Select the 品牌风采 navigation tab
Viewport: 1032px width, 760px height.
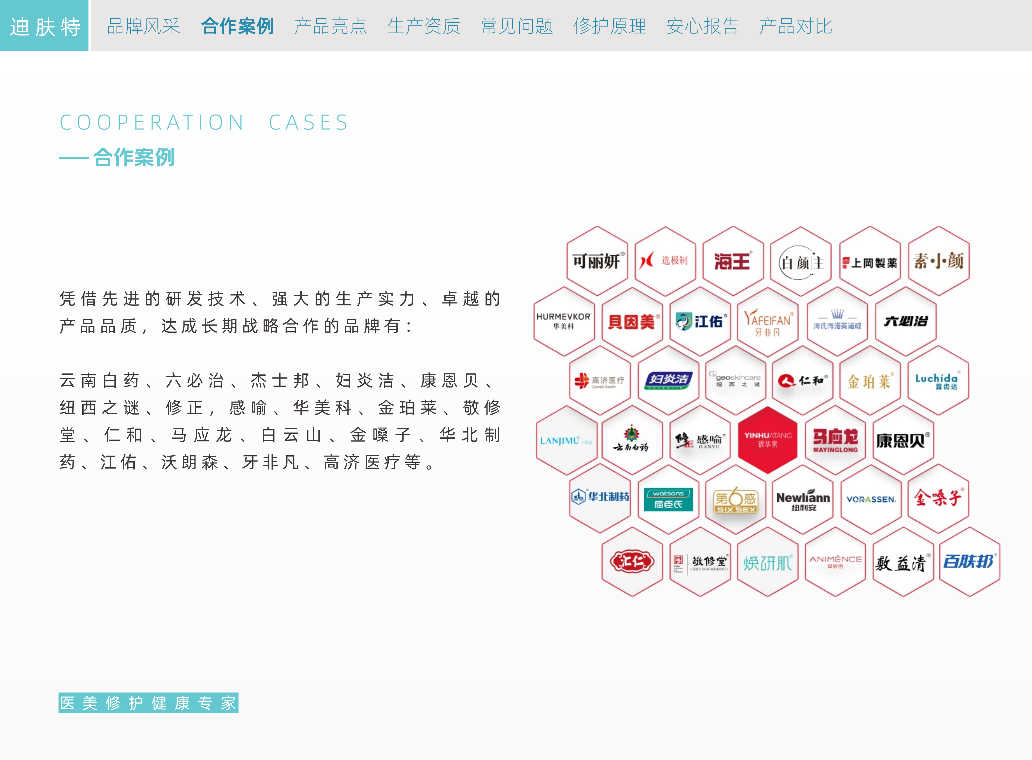(143, 26)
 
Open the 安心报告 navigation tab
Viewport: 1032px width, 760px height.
(702, 26)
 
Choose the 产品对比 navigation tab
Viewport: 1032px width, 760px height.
(795, 26)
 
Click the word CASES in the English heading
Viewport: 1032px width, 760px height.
(309, 122)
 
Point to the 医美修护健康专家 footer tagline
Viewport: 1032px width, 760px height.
(148, 703)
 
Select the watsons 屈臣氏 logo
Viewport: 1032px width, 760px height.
(668, 499)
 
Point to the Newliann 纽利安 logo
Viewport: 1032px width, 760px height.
(803, 500)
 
